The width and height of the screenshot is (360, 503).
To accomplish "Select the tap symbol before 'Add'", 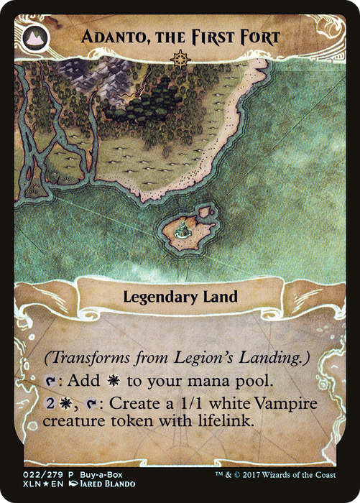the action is coord(48,379).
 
